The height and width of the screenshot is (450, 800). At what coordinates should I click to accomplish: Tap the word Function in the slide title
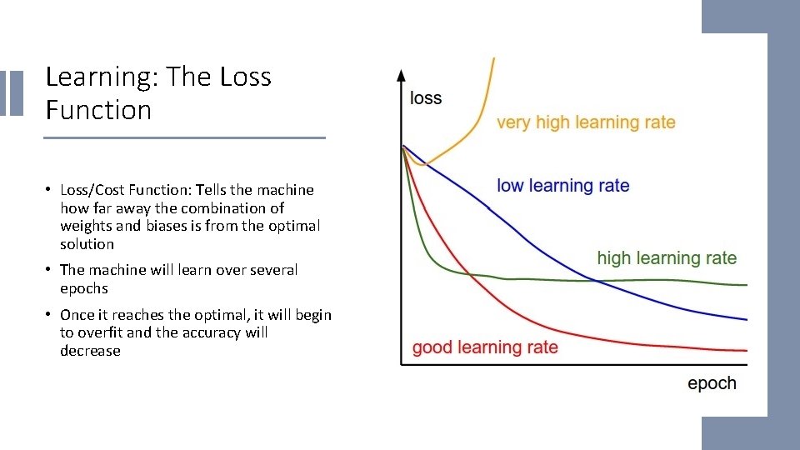(x=98, y=110)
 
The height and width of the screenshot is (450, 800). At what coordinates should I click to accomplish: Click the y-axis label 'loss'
(x=426, y=98)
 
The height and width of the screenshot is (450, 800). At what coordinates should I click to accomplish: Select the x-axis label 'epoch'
(x=712, y=383)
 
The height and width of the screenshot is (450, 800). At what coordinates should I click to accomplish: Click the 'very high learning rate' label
(x=586, y=122)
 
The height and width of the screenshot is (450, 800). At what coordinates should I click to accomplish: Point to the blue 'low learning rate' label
(x=562, y=186)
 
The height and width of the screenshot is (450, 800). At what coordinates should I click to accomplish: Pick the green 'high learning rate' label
(x=667, y=257)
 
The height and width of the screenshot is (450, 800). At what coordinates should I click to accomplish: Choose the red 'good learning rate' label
(x=485, y=347)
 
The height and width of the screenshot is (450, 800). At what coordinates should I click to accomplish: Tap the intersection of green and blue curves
(x=597, y=281)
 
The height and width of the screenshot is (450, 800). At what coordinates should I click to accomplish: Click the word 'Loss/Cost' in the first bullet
(x=92, y=190)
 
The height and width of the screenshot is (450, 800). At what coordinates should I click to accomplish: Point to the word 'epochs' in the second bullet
(x=84, y=288)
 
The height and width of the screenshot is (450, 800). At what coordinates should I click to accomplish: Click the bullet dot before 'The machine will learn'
(x=50, y=270)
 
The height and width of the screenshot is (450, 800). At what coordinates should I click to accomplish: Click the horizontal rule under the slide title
(x=185, y=137)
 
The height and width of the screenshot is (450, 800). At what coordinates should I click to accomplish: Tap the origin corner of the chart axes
(x=402, y=363)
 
